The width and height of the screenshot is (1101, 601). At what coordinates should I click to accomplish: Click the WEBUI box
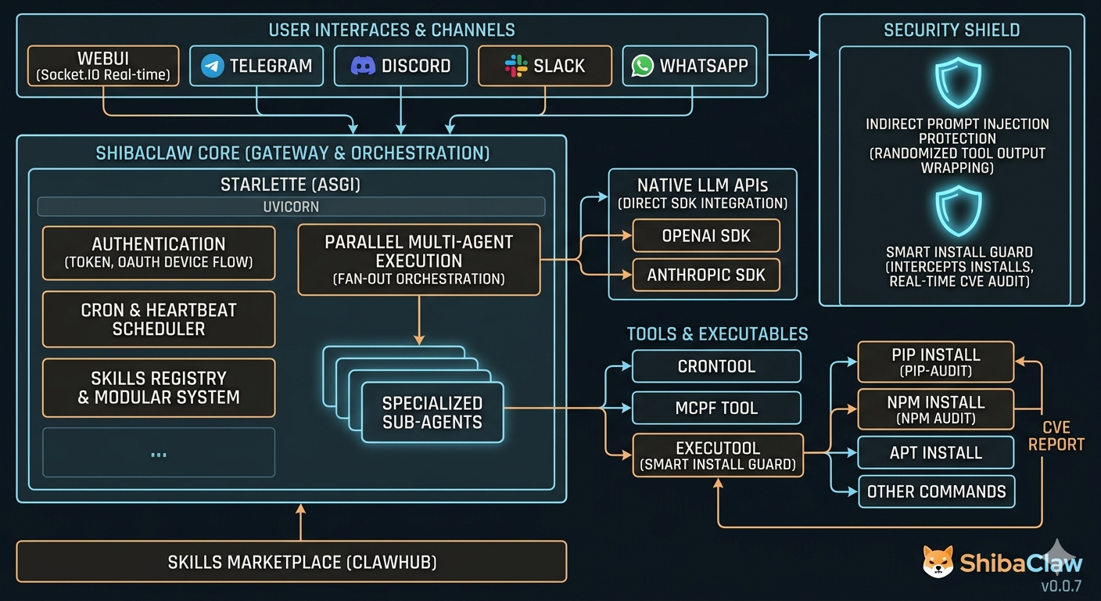click(x=102, y=66)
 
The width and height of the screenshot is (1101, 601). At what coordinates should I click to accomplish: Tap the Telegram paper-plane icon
click(x=213, y=66)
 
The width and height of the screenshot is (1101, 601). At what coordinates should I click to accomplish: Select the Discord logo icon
click(x=363, y=66)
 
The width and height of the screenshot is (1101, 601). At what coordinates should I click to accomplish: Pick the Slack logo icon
click(x=516, y=66)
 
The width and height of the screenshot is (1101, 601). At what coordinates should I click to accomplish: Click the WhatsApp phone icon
click(x=643, y=66)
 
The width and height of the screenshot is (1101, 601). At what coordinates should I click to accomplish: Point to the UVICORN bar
click(x=291, y=207)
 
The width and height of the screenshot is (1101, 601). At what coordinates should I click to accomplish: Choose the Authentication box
click(x=159, y=253)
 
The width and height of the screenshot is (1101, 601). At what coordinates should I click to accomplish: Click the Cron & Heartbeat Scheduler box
click(x=159, y=319)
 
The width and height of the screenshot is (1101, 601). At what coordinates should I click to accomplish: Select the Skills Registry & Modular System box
click(x=159, y=387)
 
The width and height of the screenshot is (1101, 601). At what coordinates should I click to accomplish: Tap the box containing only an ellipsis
click(x=159, y=452)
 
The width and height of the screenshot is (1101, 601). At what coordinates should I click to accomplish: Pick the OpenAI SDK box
click(x=706, y=236)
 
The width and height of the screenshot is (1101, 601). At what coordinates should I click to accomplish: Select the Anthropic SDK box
click(x=706, y=275)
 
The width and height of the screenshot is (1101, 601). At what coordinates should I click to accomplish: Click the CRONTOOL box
click(x=716, y=366)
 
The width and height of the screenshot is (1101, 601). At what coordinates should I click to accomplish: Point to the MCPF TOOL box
click(x=716, y=408)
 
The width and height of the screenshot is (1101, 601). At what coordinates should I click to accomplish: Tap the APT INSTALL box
click(x=935, y=452)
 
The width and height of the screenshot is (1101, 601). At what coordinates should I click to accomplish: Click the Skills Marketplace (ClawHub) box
click(x=291, y=562)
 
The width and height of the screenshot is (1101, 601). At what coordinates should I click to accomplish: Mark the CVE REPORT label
click(x=1056, y=436)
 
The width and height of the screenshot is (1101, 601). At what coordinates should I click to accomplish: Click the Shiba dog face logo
click(x=938, y=563)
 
